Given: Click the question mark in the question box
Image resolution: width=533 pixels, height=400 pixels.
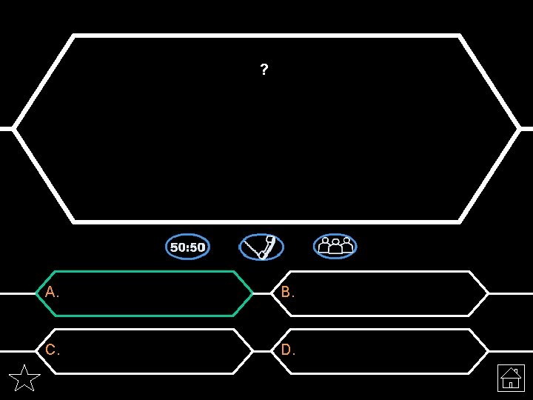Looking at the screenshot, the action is click(x=264, y=70).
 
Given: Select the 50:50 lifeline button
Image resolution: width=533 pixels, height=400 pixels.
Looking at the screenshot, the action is click(x=187, y=247).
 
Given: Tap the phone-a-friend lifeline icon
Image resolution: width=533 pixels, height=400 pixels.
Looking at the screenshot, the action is click(x=261, y=247).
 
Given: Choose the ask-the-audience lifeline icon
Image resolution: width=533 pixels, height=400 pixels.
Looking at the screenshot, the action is click(x=335, y=247).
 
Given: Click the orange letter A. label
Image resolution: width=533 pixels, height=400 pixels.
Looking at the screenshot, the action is click(x=52, y=293).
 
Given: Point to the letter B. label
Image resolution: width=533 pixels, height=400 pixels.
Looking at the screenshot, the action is click(x=288, y=293).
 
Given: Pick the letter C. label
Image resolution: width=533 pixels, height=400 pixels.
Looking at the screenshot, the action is click(x=52, y=350).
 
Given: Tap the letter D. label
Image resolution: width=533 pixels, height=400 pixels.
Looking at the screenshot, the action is click(x=288, y=350).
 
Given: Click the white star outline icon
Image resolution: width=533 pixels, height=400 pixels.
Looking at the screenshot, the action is click(x=24, y=379).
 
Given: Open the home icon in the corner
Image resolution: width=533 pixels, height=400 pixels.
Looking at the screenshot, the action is click(x=511, y=378).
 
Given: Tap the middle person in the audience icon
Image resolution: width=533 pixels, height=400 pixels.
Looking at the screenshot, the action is click(x=335, y=245).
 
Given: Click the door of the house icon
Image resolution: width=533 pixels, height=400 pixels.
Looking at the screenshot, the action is click(x=512, y=384).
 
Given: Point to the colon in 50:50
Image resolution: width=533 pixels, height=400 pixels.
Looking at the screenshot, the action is click(x=187, y=247).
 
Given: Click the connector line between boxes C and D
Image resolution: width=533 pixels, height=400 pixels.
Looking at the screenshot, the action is click(x=262, y=351).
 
